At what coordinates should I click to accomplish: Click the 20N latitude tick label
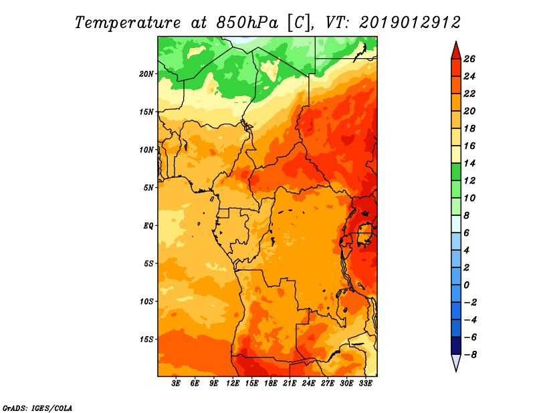[x=146, y=74]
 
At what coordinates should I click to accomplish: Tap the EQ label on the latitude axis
[x=148, y=226]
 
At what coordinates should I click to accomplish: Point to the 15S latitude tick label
[x=146, y=339]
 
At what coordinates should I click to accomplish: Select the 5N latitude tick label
[x=148, y=188]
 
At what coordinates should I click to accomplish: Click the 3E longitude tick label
[x=176, y=383]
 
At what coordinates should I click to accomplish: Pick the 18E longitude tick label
[x=271, y=383]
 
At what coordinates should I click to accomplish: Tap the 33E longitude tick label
[x=365, y=383]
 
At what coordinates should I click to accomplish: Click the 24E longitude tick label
[x=308, y=383]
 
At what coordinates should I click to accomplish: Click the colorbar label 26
[x=469, y=59]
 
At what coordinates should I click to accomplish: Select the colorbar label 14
[x=469, y=163]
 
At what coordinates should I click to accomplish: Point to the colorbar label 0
[x=466, y=285]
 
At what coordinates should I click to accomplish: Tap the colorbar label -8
[x=470, y=355]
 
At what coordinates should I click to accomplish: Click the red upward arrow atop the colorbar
[x=456, y=51]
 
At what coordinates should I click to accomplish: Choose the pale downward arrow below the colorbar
[x=456, y=362]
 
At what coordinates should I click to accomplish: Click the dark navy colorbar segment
[x=456, y=346]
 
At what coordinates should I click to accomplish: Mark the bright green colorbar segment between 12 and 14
[x=456, y=172]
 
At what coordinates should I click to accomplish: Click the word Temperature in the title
[x=128, y=23]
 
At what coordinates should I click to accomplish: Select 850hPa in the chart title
[x=247, y=23]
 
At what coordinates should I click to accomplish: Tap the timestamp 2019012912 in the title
[x=410, y=23]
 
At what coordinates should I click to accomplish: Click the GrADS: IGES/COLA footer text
[x=37, y=408]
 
